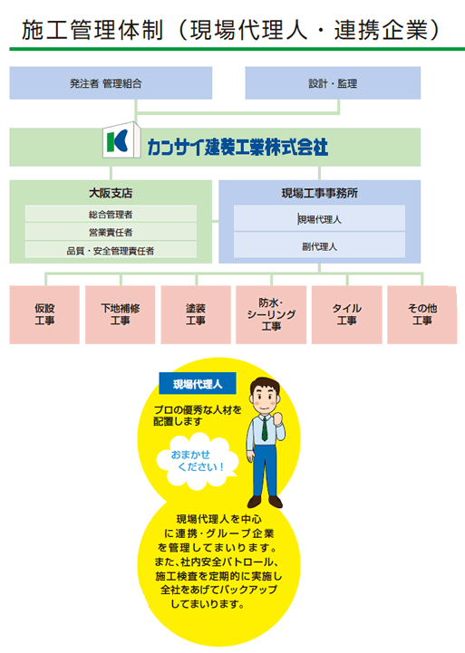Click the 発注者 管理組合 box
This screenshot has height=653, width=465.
111,83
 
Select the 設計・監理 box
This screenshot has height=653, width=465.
333,83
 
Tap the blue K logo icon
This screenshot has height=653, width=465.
121,140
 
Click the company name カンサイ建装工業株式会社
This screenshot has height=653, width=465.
237,147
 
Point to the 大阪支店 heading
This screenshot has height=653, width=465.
111,193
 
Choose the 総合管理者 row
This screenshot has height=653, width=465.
111,214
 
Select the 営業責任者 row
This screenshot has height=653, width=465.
111,232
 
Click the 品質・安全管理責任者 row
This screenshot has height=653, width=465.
111,250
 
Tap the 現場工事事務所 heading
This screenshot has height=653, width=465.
320,193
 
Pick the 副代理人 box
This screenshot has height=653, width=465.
320,245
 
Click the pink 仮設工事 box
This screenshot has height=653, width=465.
44,314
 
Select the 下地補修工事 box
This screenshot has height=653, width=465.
120,314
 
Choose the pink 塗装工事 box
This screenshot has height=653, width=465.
196,314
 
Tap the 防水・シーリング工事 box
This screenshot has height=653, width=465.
271,314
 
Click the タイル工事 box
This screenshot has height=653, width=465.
346,314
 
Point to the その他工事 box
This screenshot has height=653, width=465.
422,314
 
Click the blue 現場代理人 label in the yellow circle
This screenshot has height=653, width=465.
198,383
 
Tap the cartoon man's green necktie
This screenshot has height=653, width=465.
264,428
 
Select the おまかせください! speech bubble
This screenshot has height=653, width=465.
197,461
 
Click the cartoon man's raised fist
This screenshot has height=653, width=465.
278,418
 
